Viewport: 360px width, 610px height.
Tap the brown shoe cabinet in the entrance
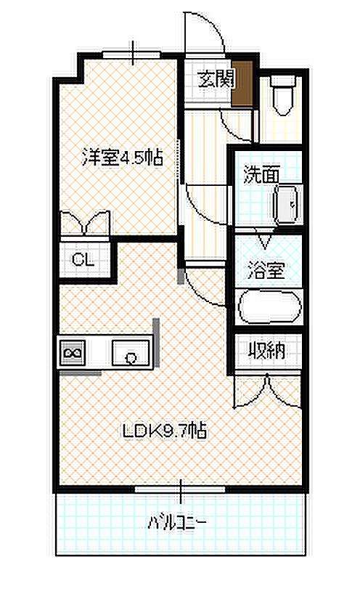click(x=242, y=84)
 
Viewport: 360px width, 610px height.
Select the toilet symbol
click(x=282, y=95)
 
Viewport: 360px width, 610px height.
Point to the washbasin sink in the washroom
click(x=288, y=204)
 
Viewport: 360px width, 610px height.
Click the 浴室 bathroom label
click(x=266, y=269)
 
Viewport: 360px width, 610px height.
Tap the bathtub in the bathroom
click(x=270, y=307)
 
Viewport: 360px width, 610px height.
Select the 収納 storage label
click(x=266, y=351)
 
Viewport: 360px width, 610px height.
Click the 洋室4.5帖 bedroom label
click(x=122, y=158)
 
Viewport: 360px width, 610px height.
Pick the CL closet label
click(x=83, y=259)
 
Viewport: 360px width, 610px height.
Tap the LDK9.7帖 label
click(x=165, y=431)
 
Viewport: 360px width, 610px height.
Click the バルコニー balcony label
click(x=177, y=522)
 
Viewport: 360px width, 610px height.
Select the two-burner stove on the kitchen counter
click(x=72, y=352)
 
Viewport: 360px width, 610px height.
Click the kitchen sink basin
click(x=131, y=353)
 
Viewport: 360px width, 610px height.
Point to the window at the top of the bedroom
click(x=132, y=54)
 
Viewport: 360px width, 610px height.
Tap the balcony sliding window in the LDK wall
click(x=181, y=489)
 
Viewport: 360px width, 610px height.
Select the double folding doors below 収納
click(x=268, y=391)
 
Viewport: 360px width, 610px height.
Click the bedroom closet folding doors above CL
click(x=85, y=223)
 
